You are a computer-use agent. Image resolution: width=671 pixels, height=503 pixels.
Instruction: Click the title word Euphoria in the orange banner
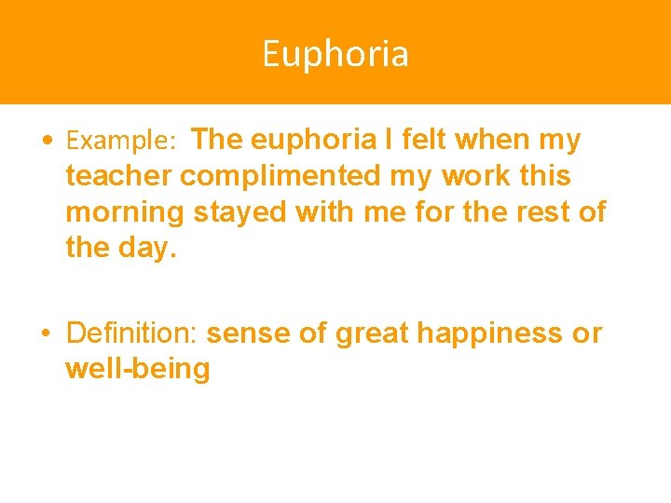(335, 54)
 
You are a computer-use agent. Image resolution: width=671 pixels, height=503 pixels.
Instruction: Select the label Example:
(121, 142)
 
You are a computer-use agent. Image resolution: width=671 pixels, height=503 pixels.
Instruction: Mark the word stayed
(240, 212)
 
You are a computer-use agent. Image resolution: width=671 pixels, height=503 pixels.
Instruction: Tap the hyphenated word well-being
(138, 369)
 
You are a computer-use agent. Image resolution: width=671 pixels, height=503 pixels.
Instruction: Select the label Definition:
(132, 333)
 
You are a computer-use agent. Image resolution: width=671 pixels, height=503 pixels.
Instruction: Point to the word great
(372, 333)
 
